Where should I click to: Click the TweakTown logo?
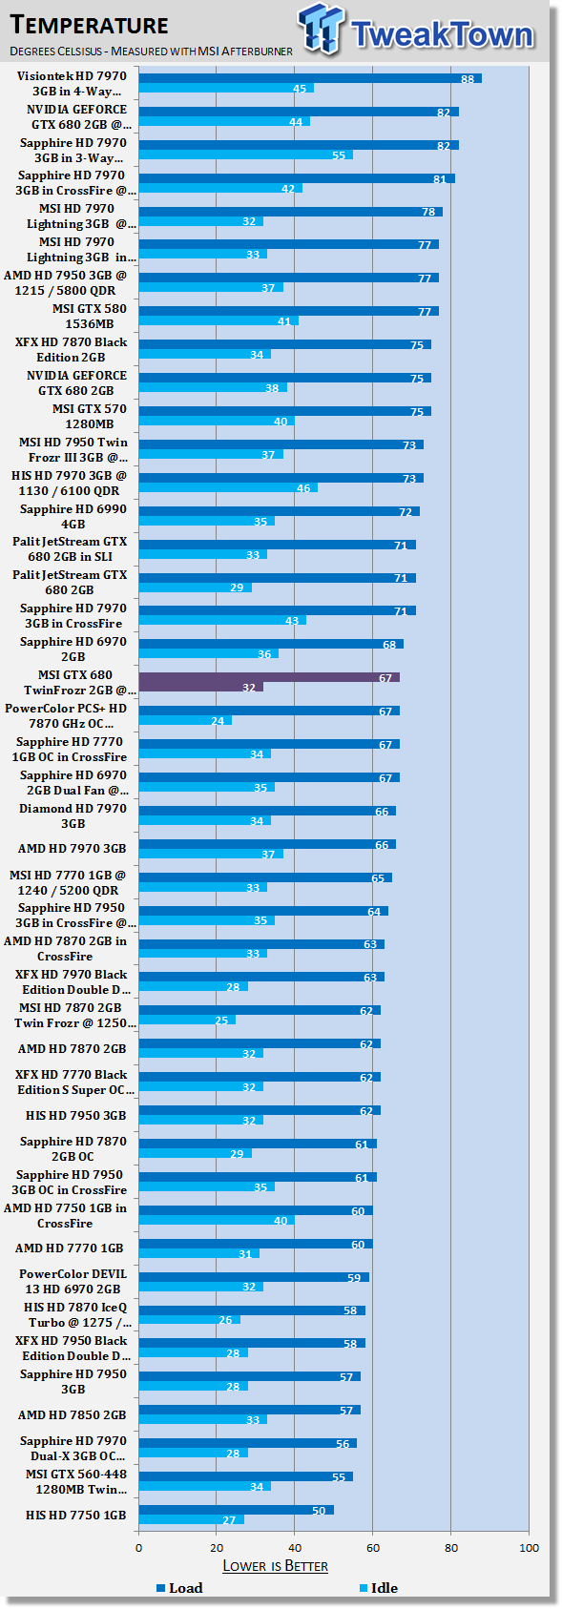416,31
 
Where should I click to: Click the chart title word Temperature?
89,25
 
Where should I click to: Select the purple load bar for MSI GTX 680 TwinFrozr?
269,677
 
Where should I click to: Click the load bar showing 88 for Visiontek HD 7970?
310,78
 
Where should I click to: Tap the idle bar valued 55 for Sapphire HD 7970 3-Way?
246,155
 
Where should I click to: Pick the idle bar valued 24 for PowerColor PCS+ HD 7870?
185,720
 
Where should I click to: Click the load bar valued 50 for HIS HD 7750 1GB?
236,1510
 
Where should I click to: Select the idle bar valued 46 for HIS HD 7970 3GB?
228,487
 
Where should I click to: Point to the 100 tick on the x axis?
529,1547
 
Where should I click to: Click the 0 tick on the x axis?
138,1547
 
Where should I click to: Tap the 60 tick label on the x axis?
373,1547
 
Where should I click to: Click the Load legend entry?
179,1588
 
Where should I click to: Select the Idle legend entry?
379,1588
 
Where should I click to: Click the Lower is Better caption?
275,1566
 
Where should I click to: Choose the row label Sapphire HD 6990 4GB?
73,516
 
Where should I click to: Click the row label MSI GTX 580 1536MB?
89,316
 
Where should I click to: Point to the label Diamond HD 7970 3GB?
73,816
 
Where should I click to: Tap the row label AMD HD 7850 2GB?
72,1415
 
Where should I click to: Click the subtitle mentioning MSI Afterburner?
151,51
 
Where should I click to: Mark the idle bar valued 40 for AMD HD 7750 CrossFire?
217,1221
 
